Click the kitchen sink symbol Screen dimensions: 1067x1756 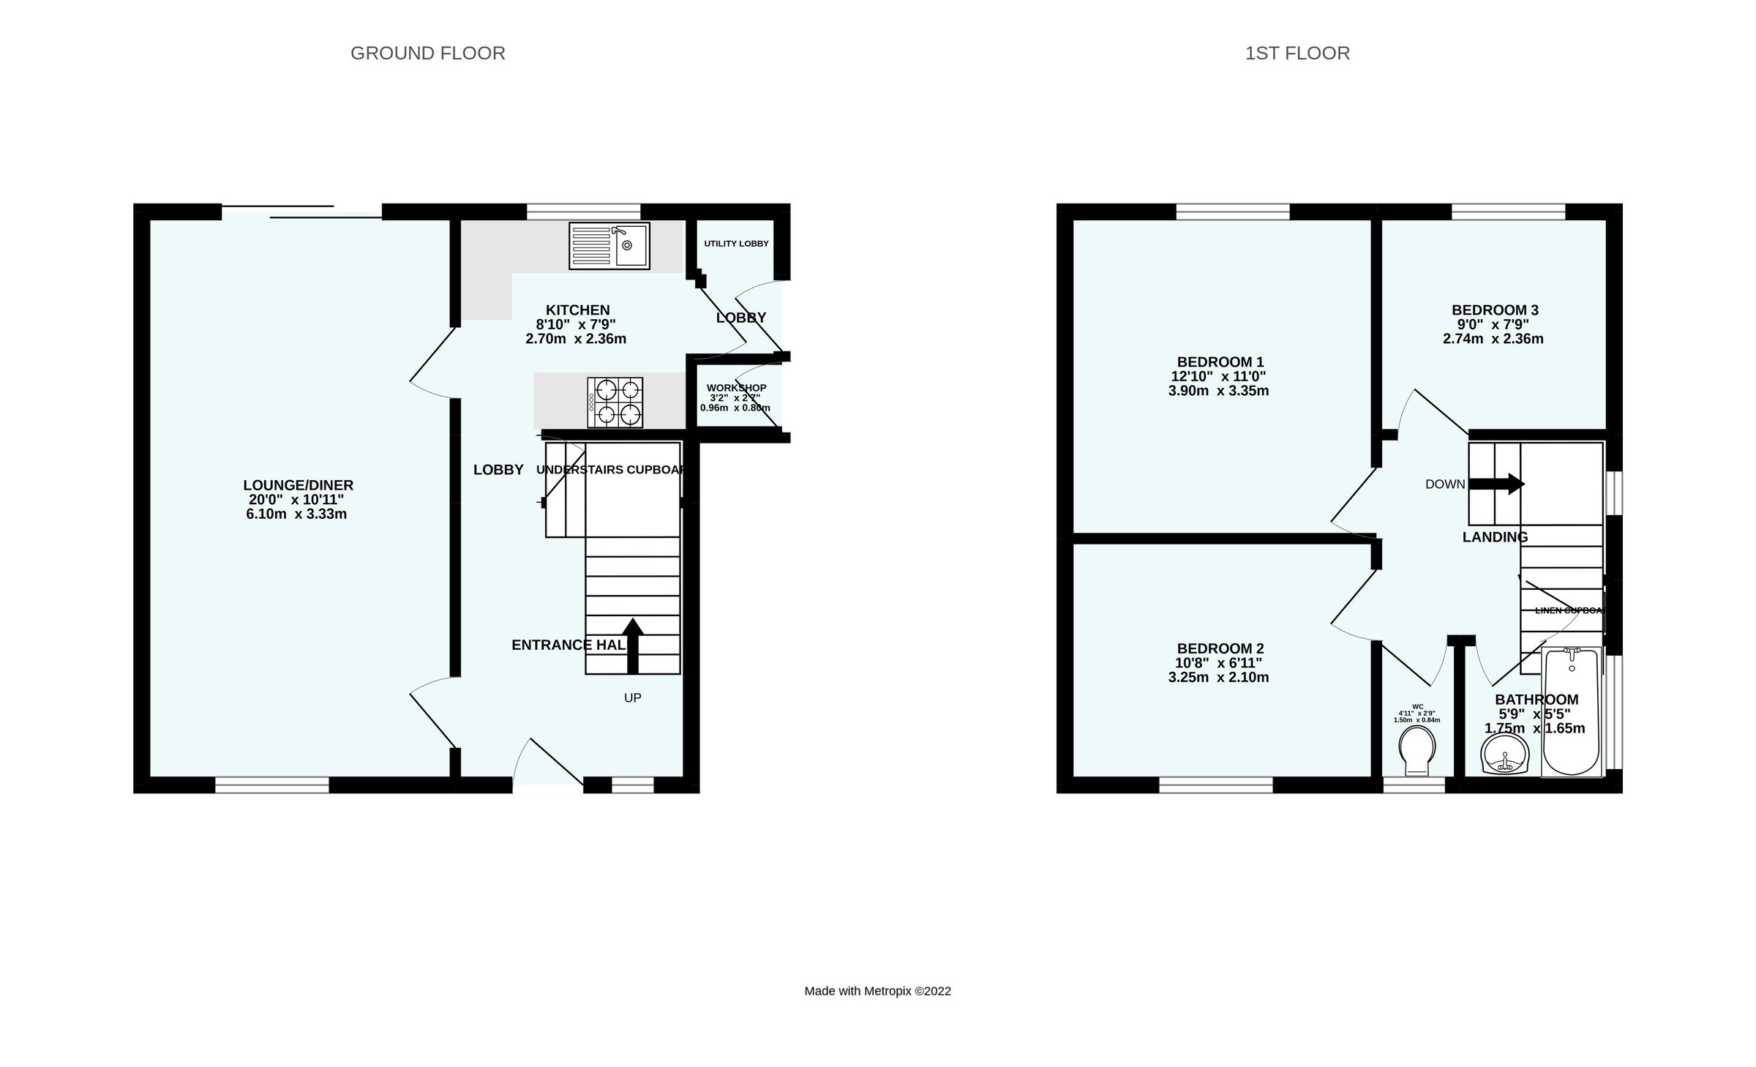pos(609,246)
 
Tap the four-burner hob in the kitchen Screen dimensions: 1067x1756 pos(615,403)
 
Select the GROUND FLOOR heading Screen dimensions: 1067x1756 pos(427,53)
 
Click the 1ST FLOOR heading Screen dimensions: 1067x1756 pos(1297,53)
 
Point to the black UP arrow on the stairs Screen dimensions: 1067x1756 pos(633,644)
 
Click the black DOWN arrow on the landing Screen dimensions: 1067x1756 pos(1497,484)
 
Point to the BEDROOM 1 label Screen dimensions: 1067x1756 pos(1220,362)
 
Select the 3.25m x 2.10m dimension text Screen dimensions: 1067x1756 pos(1218,677)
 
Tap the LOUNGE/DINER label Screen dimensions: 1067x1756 pos(298,485)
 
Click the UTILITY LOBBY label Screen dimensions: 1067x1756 pos(736,244)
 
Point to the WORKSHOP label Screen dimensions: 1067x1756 pos(736,388)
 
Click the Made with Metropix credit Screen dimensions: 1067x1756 pos(877,991)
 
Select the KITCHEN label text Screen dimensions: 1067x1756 pos(577,310)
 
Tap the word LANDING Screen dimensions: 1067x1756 pos(1495,537)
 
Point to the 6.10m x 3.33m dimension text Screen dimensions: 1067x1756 pos(296,514)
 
